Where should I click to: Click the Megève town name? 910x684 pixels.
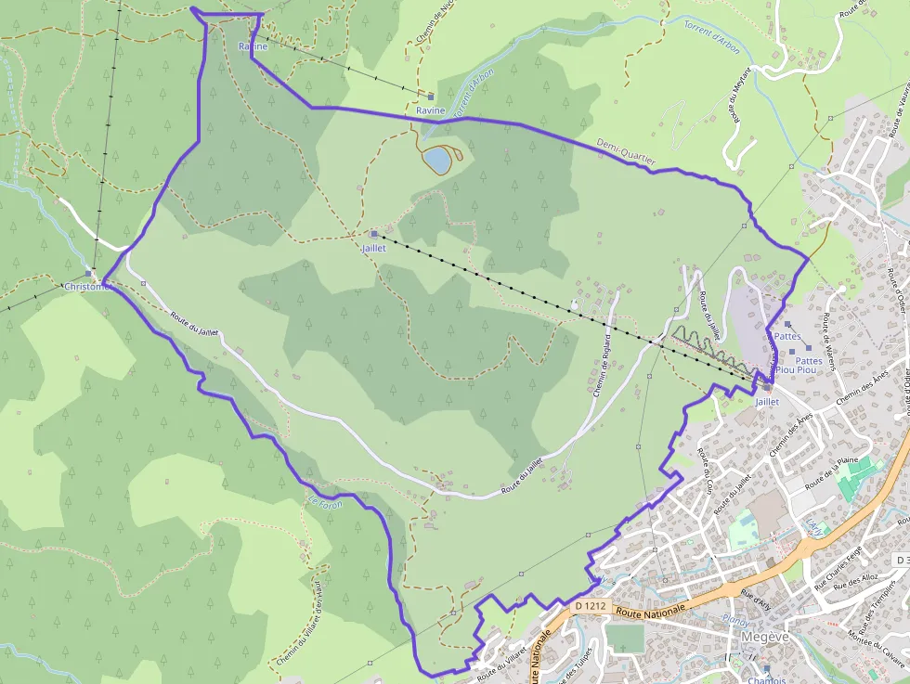click(764, 638)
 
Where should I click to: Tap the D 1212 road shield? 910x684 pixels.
click(590, 606)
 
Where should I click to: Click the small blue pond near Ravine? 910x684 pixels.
click(435, 161)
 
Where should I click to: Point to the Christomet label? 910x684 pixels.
click(87, 287)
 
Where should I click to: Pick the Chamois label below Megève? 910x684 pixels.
click(766, 679)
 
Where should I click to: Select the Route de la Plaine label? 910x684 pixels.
click(831, 472)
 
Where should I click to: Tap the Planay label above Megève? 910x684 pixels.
click(735, 620)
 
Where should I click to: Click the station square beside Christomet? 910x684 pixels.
click(89, 273)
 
